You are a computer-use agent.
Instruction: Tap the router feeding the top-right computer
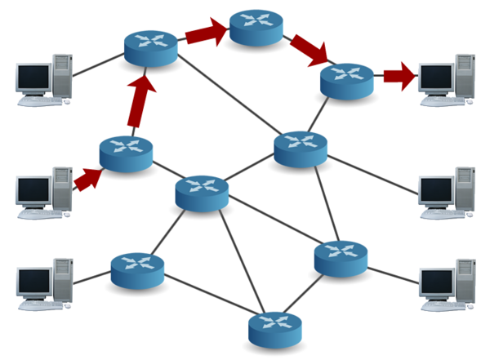[346, 80]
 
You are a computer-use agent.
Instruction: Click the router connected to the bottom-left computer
[137, 269]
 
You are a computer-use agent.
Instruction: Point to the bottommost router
[275, 326]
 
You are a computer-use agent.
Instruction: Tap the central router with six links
[202, 193]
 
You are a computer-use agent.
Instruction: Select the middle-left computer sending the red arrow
[42, 192]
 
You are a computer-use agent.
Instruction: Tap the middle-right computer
[446, 192]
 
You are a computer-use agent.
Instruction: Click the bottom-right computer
[446, 283]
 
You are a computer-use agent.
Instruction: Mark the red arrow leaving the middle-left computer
[87, 179]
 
